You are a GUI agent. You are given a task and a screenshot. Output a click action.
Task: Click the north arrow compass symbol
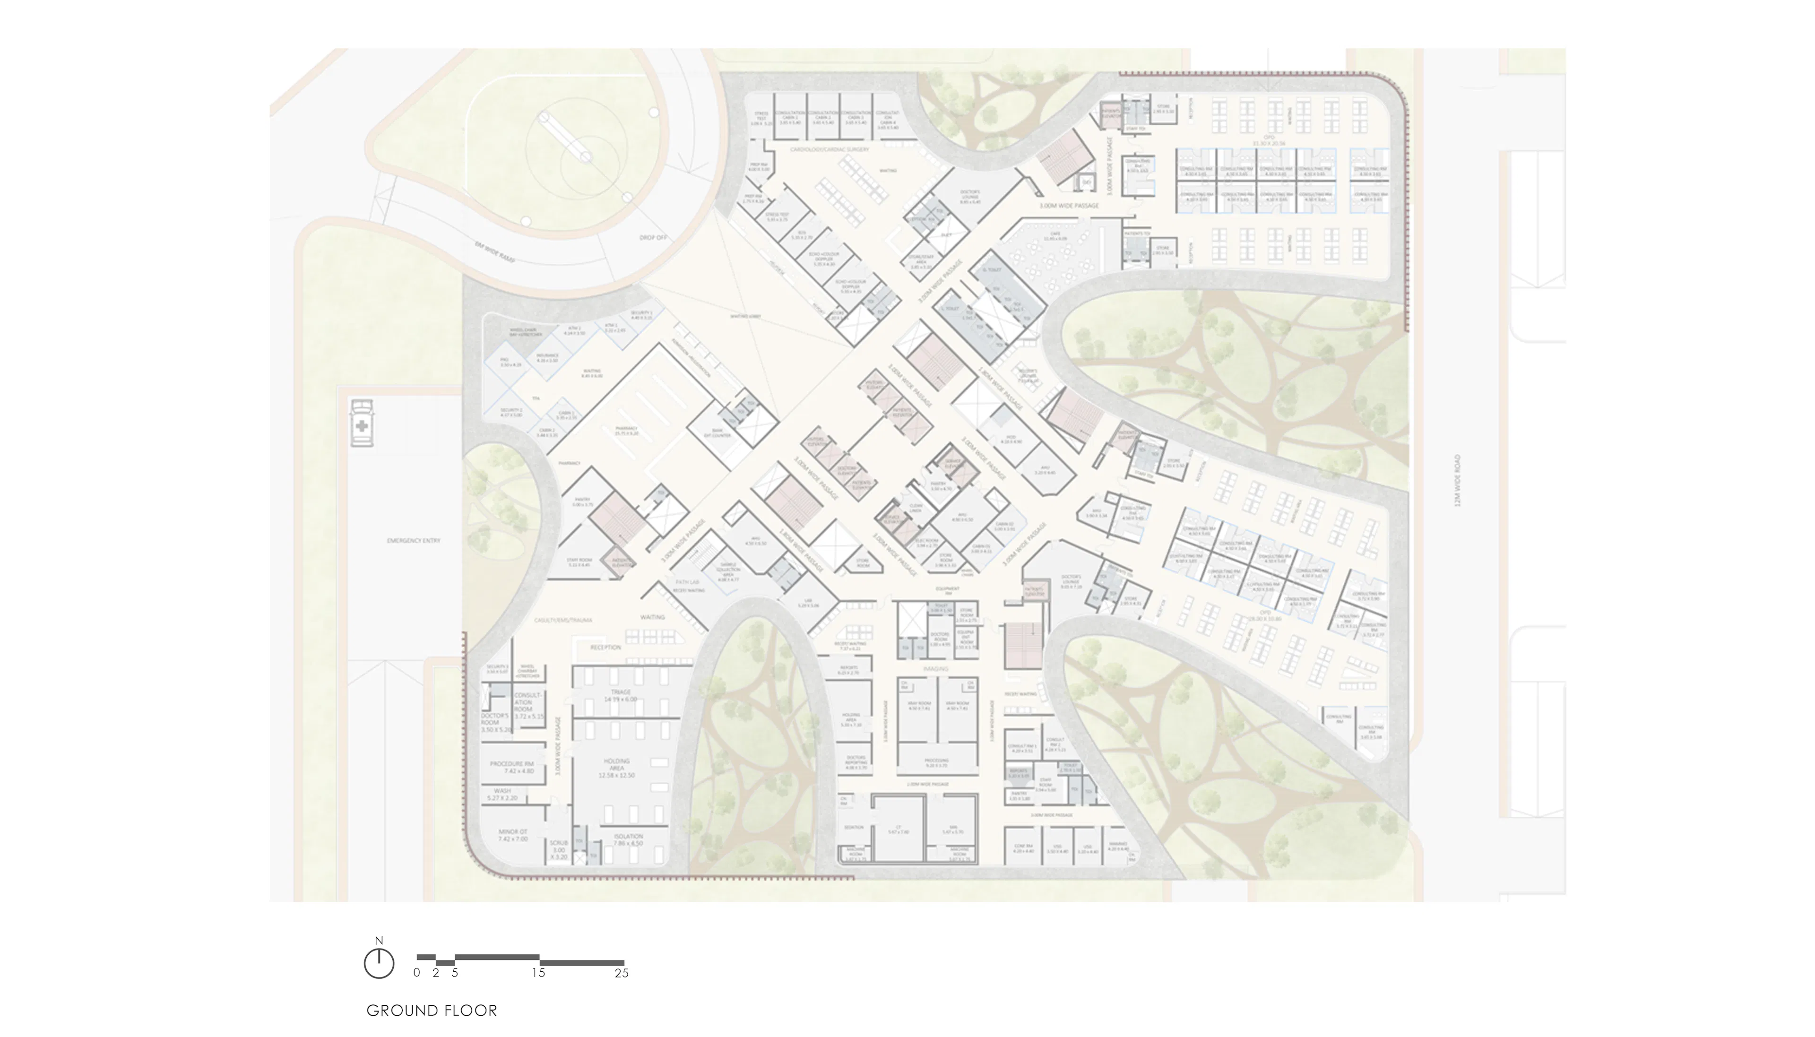coord(378,962)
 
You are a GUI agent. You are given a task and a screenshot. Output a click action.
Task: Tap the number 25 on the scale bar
coord(621,973)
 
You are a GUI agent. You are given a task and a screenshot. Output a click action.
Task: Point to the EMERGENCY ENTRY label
coord(413,541)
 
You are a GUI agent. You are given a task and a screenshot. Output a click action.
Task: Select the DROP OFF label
coord(653,237)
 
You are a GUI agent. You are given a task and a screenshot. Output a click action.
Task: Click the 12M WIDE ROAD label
coord(1457,481)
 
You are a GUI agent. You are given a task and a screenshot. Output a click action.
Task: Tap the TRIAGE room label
coord(620,695)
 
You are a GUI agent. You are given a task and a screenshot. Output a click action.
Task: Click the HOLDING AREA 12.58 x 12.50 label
coord(617,768)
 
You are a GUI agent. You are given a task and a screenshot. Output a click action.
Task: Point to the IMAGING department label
coord(936,669)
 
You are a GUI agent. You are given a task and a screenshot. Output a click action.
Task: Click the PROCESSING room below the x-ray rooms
coord(936,763)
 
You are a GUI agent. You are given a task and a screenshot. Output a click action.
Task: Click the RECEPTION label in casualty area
coord(605,648)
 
